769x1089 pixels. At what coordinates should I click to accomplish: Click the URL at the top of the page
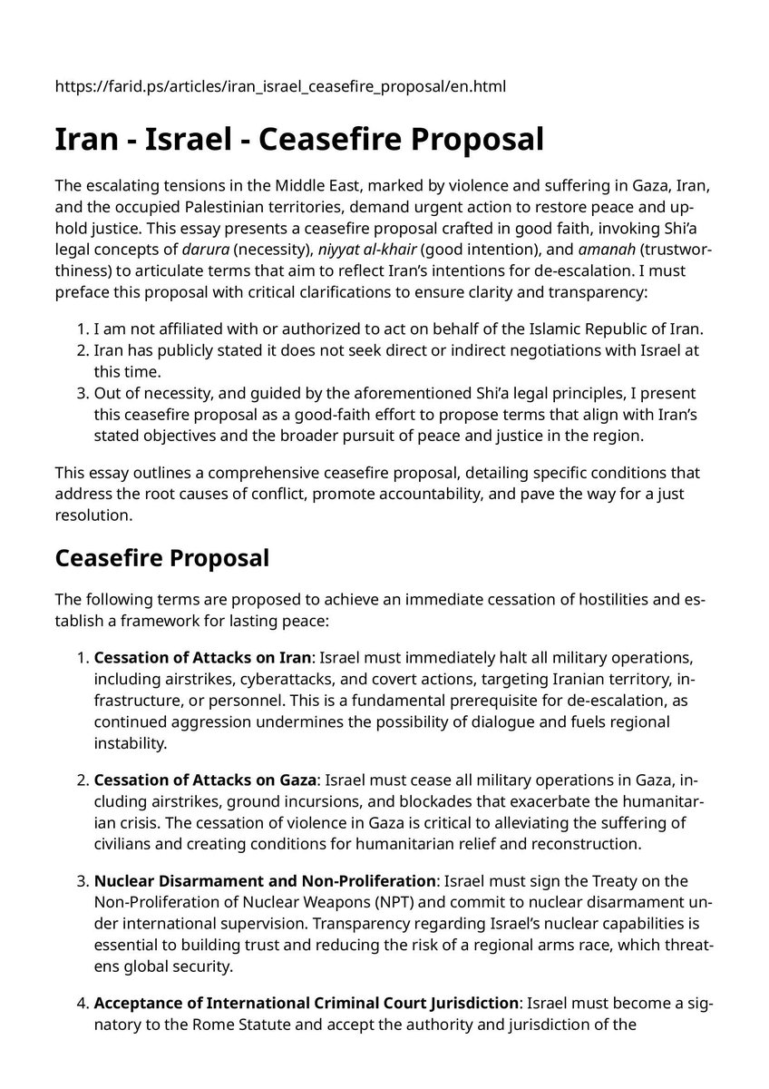point(280,87)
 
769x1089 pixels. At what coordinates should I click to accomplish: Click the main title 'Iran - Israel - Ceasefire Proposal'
point(299,140)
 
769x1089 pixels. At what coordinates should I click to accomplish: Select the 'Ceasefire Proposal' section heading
point(162,557)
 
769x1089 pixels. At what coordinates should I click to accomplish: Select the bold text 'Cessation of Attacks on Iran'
point(203,656)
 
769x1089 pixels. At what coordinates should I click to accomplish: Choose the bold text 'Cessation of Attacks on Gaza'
point(205,780)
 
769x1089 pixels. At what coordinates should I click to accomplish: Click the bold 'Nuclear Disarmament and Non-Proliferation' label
point(265,881)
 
